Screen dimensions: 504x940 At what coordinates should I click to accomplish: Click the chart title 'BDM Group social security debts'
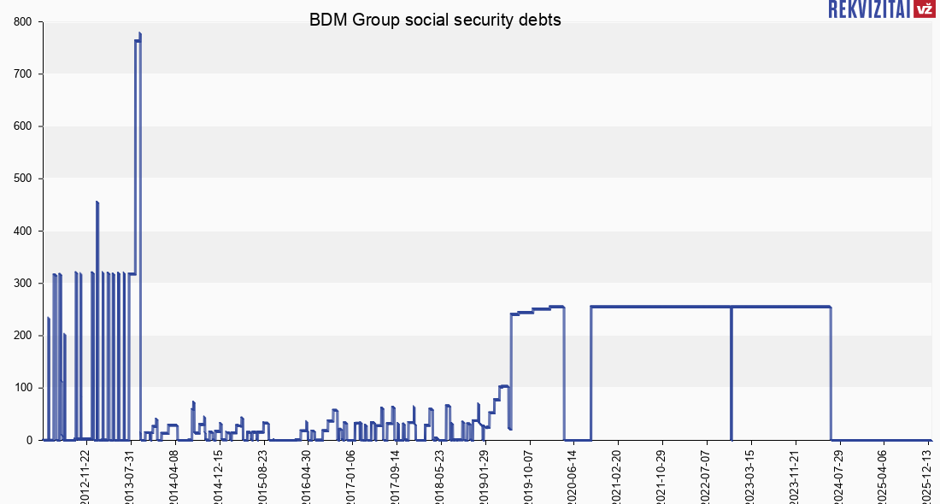click(x=435, y=20)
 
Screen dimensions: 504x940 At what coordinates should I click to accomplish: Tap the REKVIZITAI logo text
click(x=869, y=9)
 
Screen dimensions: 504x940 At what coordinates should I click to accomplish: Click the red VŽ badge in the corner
click(x=924, y=9)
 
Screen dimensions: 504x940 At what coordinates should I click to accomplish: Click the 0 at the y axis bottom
click(x=29, y=440)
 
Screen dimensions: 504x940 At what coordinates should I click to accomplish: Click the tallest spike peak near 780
click(x=139, y=34)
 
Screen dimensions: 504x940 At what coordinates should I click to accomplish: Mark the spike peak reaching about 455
click(x=97, y=202)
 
